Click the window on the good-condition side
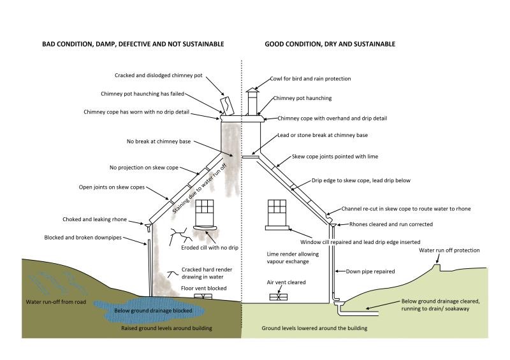[x=277, y=208]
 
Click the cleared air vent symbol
[x=277, y=296]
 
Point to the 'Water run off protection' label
[x=449, y=250]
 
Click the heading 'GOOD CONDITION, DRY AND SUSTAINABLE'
[x=330, y=44]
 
